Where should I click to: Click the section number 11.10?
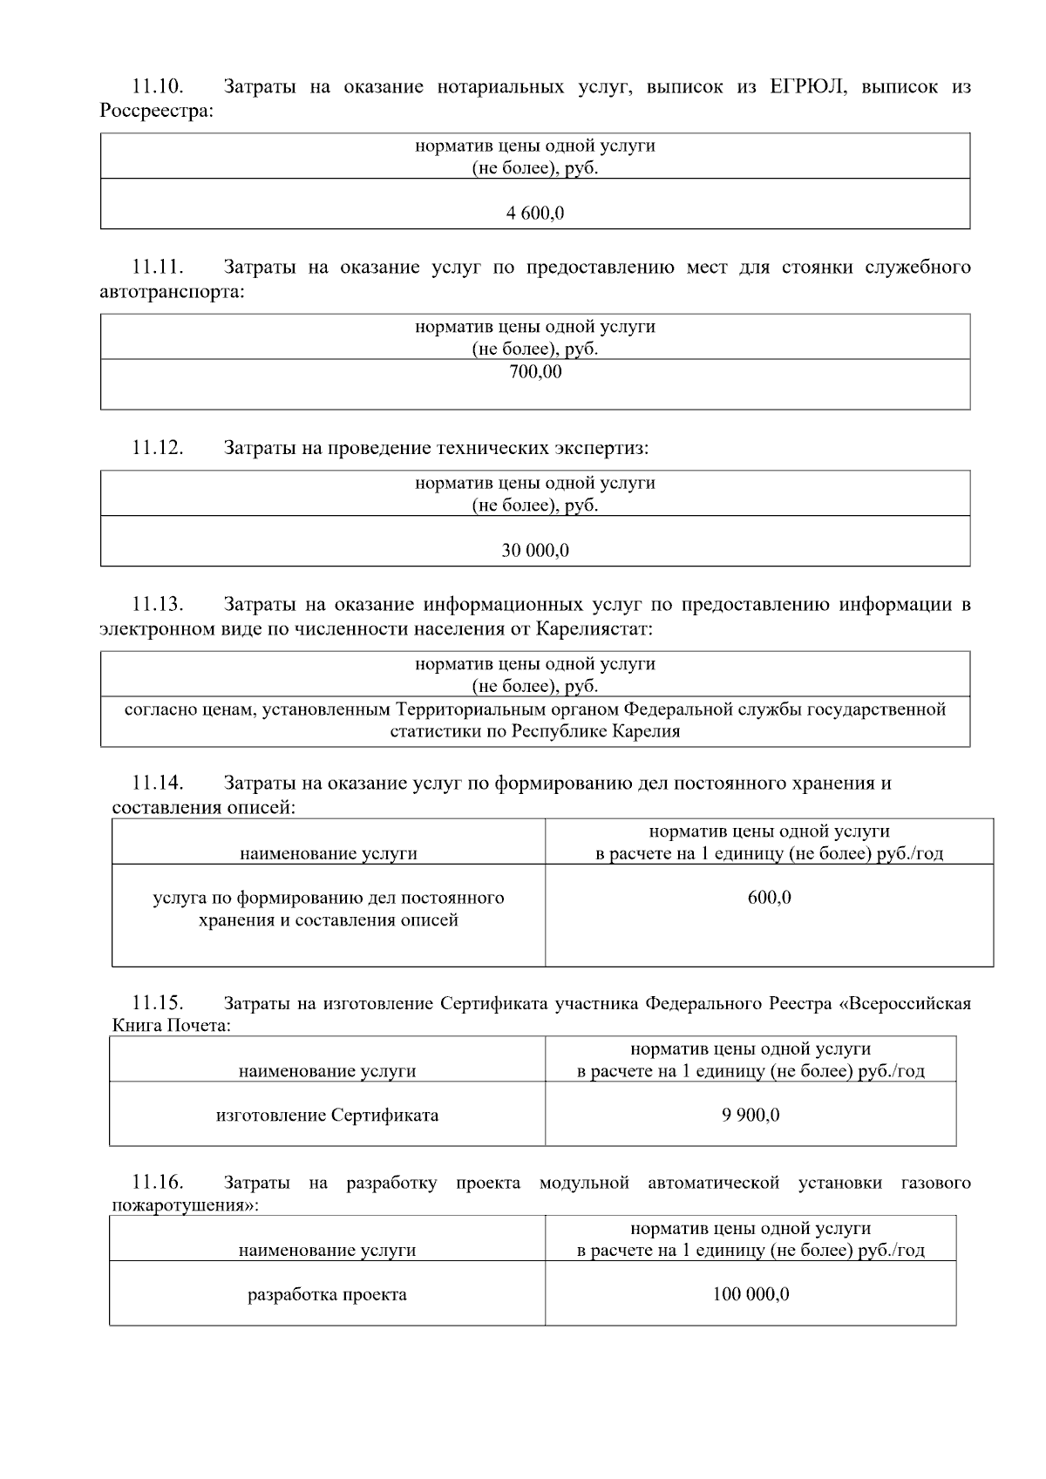pos(157,86)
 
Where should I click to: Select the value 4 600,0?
pos(534,213)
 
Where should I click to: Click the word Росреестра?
pos(156,111)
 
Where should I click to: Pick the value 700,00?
pos(535,372)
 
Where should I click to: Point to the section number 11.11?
pos(157,267)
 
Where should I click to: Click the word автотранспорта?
pos(172,292)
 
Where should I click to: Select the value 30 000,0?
pos(534,550)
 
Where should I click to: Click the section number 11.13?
pos(157,604)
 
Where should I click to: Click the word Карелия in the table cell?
pos(648,731)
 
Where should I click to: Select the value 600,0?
pos(769,897)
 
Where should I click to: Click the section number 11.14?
pos(157,783)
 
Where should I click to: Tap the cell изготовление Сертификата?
pos(327,1115)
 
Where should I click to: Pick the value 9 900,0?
pos(750,1115)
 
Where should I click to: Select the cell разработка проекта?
pos(327,1294)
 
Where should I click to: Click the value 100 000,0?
pos(750,1294)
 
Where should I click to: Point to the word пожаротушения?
pos(185,1206)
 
